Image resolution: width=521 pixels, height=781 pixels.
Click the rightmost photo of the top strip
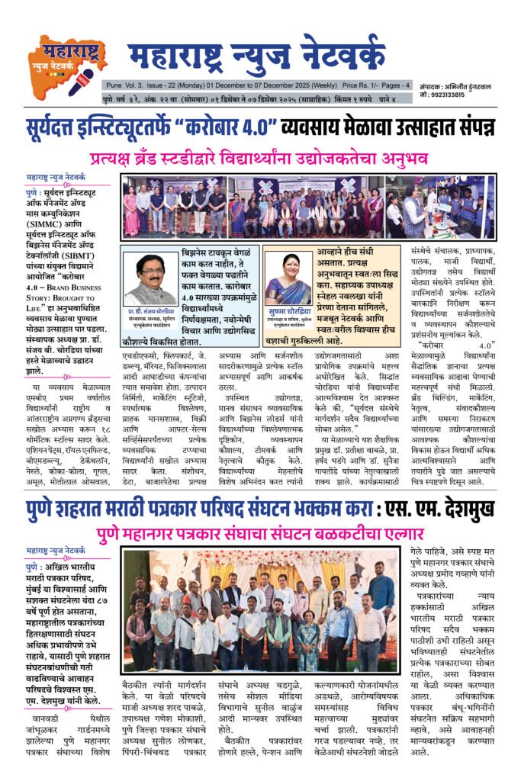point(440,207)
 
